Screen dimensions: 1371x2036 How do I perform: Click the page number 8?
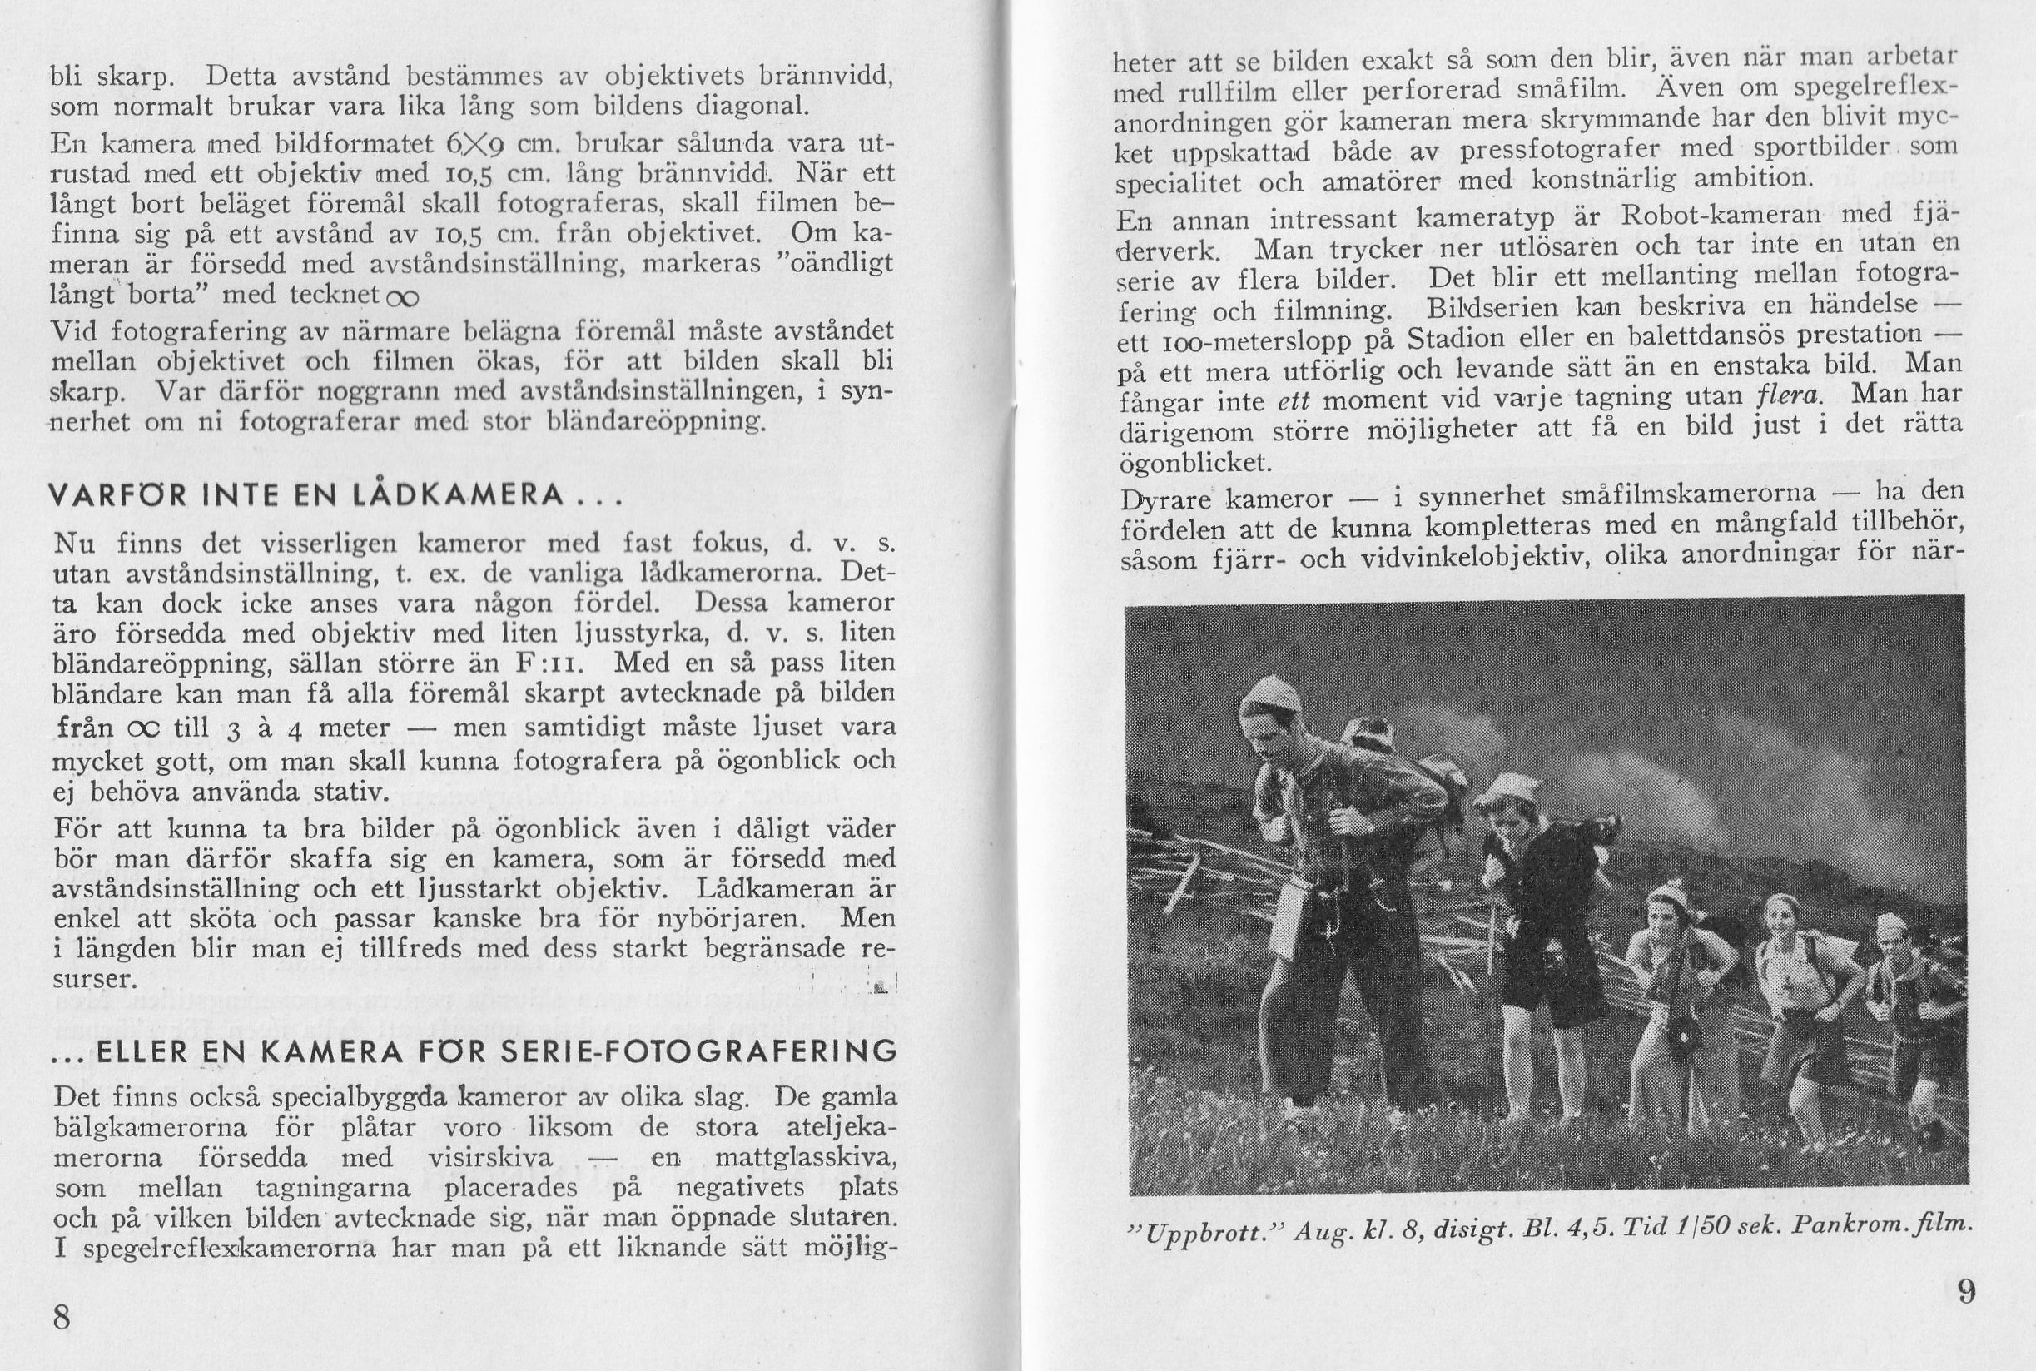62,1316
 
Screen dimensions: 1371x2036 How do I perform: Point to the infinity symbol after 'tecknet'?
402,296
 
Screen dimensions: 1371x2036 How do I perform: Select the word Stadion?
1461,337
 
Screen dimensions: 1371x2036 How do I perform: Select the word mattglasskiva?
805,1159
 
